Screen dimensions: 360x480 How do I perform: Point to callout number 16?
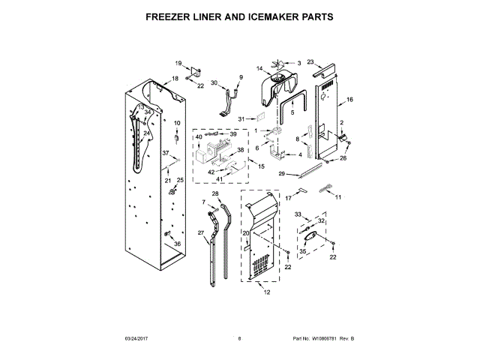click(x=349, y=100)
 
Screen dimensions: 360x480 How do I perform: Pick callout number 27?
click(x=200, y=234)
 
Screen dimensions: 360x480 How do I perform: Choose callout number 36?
click(x=178, y=244)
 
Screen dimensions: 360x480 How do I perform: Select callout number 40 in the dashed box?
click(x=199, y=136)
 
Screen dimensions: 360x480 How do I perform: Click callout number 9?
click(x=241, y=77)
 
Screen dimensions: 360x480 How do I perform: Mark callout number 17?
click(x=287, y=197)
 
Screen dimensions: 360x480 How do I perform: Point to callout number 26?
click(x=344, y=159)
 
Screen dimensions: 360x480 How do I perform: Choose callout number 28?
click(x=215, y=194)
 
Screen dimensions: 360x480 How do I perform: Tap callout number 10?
click(x=178, y=123)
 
